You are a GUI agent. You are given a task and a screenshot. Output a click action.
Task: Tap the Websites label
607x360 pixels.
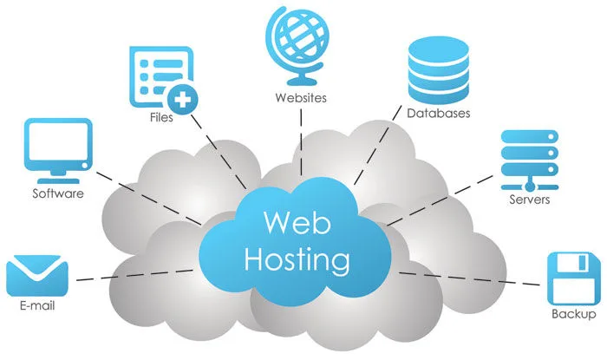(300, 98)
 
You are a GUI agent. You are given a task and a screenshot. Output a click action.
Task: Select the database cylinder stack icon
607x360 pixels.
(437, 66)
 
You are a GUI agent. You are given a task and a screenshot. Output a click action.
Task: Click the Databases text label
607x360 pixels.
(438, 114)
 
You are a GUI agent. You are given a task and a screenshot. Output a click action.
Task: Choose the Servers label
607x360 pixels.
(529, 200)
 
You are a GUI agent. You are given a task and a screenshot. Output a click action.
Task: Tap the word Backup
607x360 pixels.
(573, 314)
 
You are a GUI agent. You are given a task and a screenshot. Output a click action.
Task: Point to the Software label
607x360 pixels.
(58, 193)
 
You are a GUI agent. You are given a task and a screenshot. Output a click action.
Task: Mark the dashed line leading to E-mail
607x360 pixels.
(130, 277)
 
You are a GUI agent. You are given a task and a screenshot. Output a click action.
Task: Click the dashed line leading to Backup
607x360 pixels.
(468, 278)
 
